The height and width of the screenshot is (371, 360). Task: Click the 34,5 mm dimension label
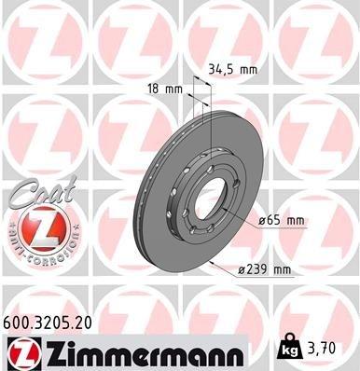point(232,68)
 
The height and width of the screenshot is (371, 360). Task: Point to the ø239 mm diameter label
point(266,269)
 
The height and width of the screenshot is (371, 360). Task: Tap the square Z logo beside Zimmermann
point(21,352)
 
